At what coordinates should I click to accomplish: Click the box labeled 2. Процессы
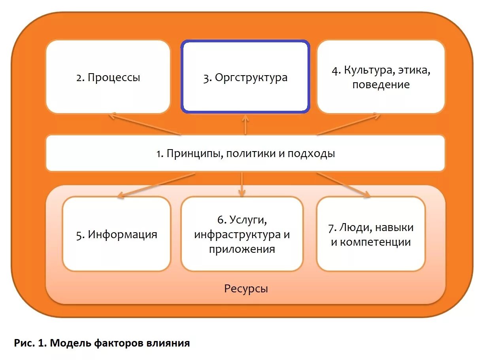tap(108, 77)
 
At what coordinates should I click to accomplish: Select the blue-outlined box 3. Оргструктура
tap(245, 77)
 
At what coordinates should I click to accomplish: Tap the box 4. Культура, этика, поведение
tap(381, 77)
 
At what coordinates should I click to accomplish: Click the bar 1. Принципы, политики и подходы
tap(245, 153)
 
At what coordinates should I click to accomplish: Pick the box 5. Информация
tap(117, 234)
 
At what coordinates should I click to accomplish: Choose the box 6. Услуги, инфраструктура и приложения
tap(242, 234)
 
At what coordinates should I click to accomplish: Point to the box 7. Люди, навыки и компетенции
tap(371, 234)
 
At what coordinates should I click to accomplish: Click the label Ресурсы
tap(246, 288)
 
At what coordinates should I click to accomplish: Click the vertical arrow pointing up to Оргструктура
tap(245, 125)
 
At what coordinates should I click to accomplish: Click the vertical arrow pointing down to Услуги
tap(241, 184)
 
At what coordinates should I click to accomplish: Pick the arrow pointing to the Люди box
tap(343, 184)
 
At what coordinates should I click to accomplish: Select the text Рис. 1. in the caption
tap(30, 343)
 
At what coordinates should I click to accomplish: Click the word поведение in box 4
tap(381, 84)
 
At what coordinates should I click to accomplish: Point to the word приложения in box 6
tap(242, 249)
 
